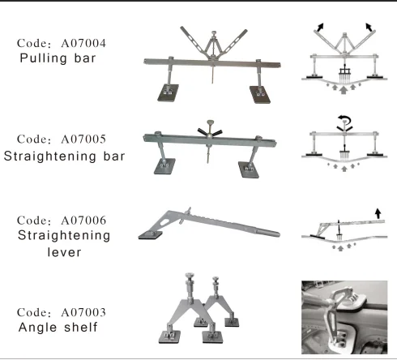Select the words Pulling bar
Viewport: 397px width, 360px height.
click(62, 59)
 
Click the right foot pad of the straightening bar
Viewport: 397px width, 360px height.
click(250, 168)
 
